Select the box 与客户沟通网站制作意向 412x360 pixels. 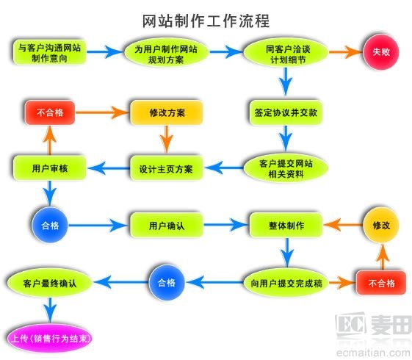point(50,52)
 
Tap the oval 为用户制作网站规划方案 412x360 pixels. point(166,53)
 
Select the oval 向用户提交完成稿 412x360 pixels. point(283,281)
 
